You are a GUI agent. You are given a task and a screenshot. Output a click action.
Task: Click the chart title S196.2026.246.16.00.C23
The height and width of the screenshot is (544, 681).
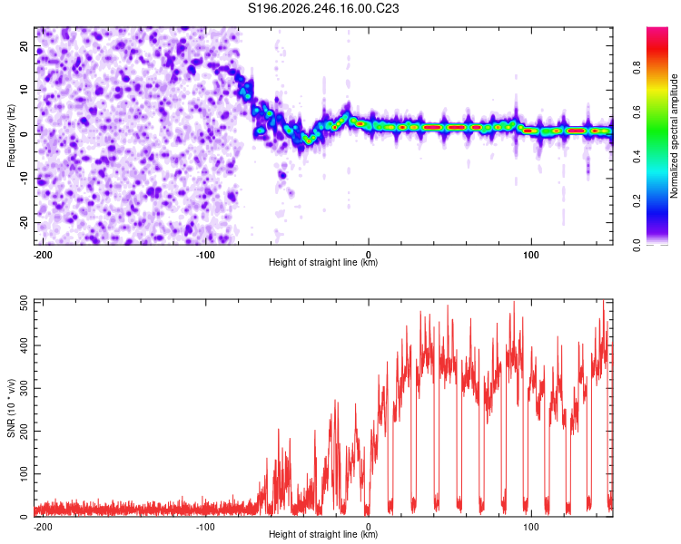coord(323,8)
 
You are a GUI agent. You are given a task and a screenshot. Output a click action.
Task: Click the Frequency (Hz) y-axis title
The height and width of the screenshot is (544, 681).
coord(11,136)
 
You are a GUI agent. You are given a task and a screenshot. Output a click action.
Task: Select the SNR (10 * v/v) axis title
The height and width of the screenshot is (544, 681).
coord(11,408)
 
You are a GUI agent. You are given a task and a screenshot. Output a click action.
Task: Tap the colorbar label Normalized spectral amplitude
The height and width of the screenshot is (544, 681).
coord(674,136)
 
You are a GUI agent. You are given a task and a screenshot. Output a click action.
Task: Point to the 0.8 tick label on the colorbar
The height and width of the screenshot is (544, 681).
coord(637,68)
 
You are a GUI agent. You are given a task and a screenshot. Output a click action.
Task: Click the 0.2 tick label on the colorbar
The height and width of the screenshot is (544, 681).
coord(637,201)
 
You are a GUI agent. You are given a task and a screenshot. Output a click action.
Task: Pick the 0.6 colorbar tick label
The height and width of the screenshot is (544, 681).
coord(637,112)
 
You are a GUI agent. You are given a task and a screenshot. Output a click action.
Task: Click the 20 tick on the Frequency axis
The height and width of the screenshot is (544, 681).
coord(25,46)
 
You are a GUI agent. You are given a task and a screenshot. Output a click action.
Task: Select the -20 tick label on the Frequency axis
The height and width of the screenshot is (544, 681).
coord(25,222)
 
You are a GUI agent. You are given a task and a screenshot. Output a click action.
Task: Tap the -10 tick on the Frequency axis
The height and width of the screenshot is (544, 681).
coord(25,179)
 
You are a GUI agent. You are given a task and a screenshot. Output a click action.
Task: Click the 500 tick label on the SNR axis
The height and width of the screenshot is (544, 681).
coord(25,303)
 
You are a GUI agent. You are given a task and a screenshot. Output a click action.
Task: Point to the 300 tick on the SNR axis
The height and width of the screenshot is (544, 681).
coord(25,388)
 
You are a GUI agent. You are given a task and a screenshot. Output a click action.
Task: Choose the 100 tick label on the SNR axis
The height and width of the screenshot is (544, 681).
coord(25,473)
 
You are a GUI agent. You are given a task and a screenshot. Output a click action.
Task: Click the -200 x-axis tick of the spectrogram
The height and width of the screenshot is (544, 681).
coord(42,255)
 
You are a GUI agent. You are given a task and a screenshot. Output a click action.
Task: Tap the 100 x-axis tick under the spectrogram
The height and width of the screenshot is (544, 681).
coord(531,255)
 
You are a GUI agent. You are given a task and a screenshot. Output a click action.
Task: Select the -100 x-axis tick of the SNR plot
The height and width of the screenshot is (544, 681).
coord(205,527)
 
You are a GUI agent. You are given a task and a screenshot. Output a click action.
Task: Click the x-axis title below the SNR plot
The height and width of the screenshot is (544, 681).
coord(323,534)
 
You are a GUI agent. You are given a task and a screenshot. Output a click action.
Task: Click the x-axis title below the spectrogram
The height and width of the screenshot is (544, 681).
coord(323,262)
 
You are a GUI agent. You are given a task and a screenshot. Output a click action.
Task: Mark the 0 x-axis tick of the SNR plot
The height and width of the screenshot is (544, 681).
coord(369,527)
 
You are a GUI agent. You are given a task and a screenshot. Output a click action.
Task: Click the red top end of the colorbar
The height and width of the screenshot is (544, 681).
coord(657,29)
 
